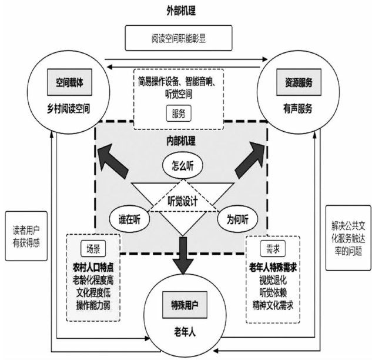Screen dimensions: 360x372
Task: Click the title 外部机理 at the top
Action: (185, 10)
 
